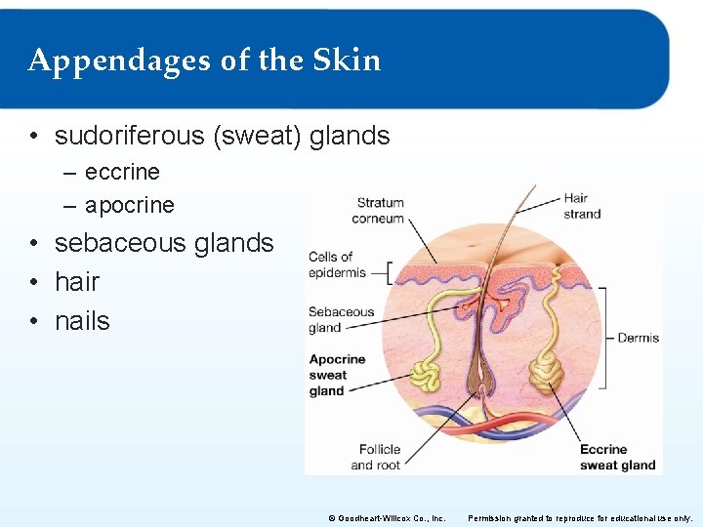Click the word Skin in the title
pos(347,60)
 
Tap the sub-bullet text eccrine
pos(122,172)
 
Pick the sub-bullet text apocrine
pos(130,205)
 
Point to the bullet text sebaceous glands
pos(164,243)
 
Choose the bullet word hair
pos(77,282)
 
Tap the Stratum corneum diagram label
pos(379,211)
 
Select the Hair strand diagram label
pos(582,206)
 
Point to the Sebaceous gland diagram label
pos(341,320)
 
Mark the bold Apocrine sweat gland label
pos(337,375)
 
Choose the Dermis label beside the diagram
pos(638,338)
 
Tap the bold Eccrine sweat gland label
pos(617,457)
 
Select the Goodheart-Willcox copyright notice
pos(389,518)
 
